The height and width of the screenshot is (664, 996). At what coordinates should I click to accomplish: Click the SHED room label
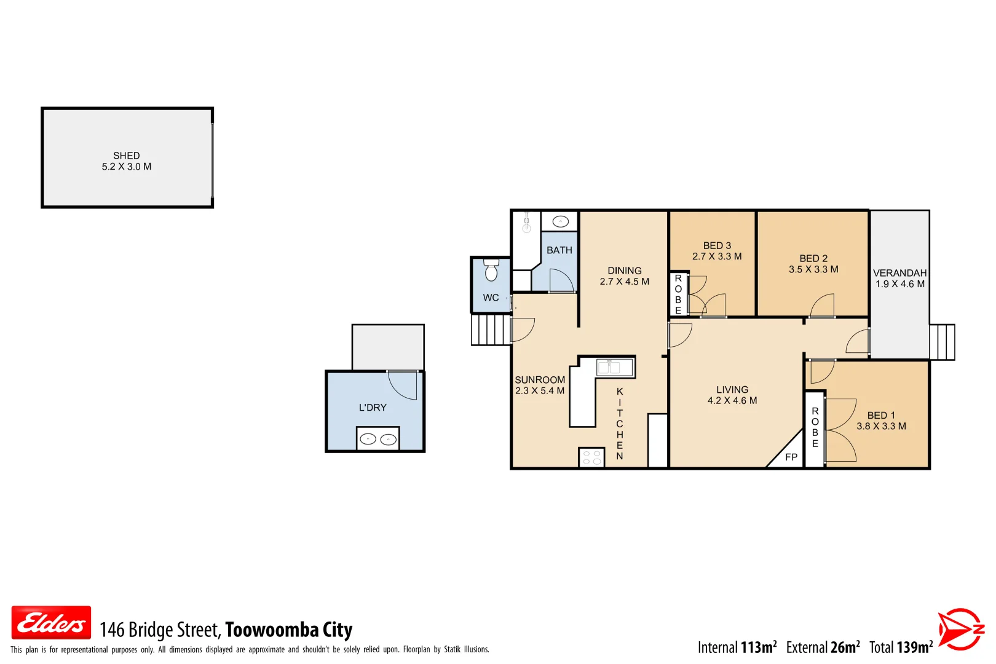126,156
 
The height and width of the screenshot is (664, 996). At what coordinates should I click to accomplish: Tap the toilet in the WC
491,271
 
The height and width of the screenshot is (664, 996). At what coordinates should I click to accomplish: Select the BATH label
559,250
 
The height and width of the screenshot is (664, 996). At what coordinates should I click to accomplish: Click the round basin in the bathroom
560,221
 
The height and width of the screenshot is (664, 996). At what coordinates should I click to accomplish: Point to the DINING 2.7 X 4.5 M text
624,276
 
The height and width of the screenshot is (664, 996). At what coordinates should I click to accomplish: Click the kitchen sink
615,367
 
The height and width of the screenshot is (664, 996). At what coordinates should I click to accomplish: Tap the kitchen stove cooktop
591,457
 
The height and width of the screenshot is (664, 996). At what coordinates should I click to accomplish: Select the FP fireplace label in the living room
791,457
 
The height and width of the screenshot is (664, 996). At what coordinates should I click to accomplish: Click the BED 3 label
717,245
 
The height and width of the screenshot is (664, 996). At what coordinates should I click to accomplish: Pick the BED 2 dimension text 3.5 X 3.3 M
813,269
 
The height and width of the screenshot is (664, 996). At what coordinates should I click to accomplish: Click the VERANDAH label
899,273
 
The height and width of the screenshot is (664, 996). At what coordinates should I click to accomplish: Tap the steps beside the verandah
942,342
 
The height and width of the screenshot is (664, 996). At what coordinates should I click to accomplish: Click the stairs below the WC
491,330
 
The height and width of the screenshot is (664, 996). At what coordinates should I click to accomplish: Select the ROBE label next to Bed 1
815,427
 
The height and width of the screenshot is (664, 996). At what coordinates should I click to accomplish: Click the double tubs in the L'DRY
378,439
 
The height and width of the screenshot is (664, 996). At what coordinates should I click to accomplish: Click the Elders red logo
51,623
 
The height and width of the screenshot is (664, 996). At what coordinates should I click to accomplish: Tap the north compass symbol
960,629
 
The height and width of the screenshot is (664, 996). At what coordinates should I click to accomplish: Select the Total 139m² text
901,647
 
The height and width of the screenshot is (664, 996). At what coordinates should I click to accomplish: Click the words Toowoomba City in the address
288,630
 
